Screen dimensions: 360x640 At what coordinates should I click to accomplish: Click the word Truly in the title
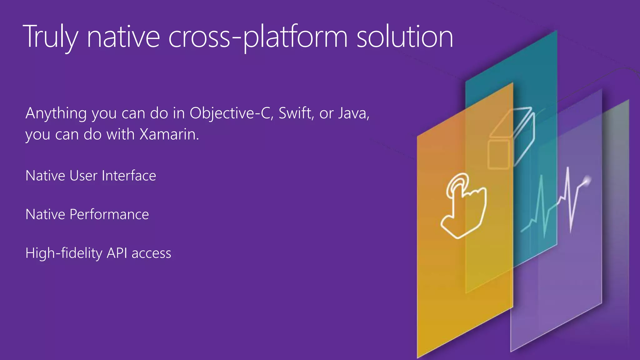click(x=50, y=37)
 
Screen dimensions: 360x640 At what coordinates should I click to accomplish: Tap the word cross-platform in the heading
click(x=258, y=37)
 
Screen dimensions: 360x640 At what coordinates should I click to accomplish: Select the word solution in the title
click(x=405, y=37)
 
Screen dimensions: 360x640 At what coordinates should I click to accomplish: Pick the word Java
click(x=353, y=113)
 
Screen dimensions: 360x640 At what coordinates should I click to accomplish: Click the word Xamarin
click(x=169, y=134)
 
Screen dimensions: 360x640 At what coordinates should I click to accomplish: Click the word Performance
click(x=109, y=215)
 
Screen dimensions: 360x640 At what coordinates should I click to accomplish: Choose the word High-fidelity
click(x=64, y=253)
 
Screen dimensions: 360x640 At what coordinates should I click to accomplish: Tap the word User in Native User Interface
click(x=83, y=176)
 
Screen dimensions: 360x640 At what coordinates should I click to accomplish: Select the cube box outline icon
click(x=511, y=137)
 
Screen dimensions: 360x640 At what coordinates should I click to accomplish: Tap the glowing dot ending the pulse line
click(x=587, y=181)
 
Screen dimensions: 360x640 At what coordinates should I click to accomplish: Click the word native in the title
click(x=123, y=37)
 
